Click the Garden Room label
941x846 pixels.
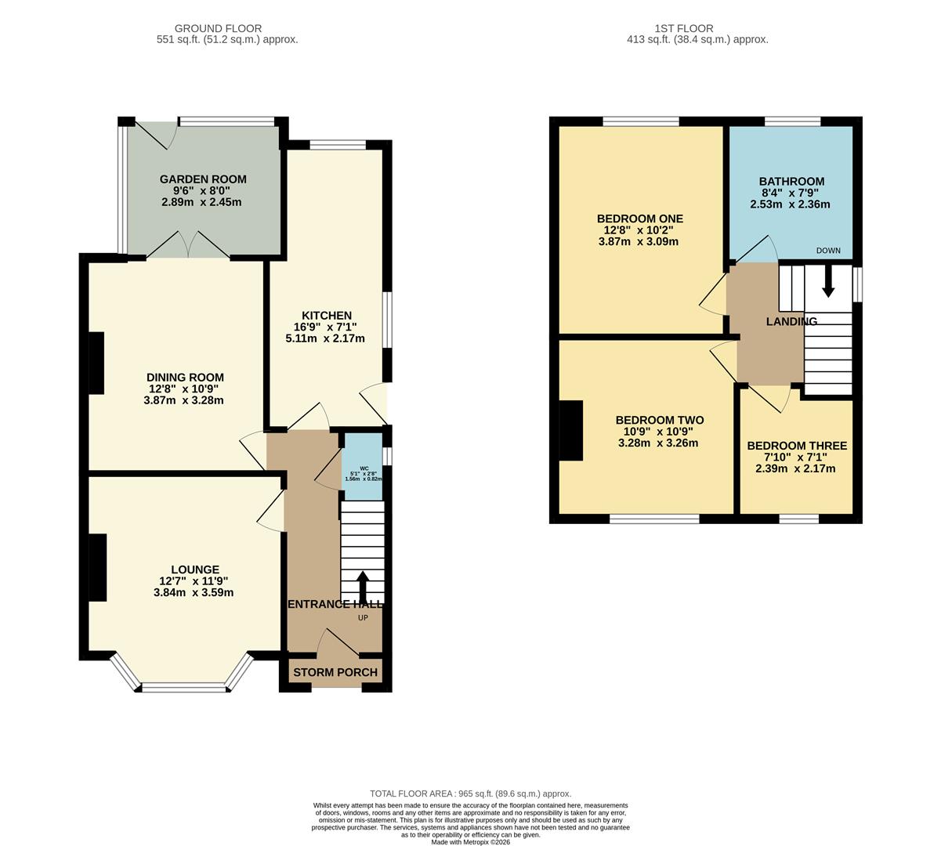point(203,179)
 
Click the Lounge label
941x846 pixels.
point(195,569)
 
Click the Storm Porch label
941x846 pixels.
point(335,672)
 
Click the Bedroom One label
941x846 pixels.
point(639,219)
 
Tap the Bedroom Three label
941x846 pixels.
point(796,446)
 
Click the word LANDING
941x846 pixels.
point(791,321)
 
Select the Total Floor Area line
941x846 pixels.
point(470,794)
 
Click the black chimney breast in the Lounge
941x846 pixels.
point(97,568)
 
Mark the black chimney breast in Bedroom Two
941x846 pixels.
point(571,430)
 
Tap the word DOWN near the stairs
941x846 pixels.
point(828,251)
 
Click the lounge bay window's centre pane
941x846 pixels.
point(184,688)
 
